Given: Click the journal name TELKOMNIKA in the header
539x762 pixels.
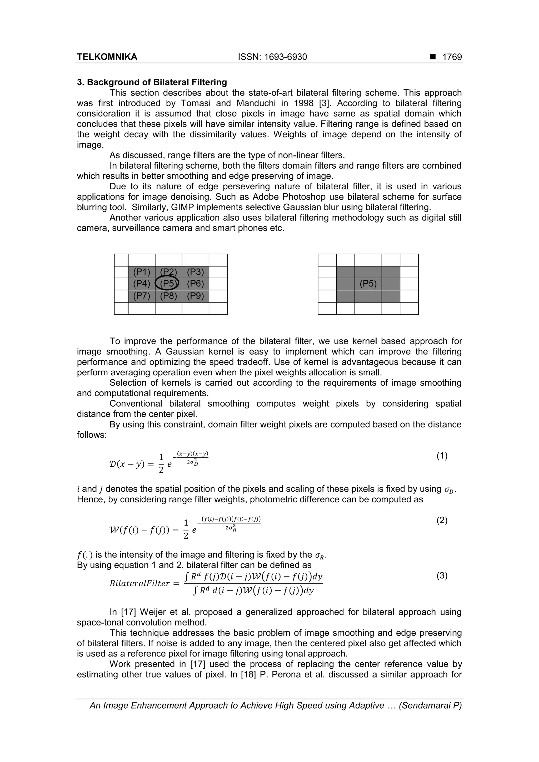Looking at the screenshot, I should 107,57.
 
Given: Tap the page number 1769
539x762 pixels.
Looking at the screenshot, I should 452,57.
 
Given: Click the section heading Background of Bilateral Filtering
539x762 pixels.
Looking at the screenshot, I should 157,82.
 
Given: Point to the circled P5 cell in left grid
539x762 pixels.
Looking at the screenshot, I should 168,284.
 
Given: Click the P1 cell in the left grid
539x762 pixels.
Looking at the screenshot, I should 142,272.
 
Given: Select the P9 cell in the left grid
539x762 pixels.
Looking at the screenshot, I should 195,296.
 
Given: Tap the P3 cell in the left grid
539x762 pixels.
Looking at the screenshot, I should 195,272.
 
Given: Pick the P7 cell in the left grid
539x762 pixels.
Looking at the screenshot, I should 142,296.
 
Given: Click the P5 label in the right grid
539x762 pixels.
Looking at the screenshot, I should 368,284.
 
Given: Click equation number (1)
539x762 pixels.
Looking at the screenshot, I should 442,456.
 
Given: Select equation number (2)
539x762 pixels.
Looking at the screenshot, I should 442,520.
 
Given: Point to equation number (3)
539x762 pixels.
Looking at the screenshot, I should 442,576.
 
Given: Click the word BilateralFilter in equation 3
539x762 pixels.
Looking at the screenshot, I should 140,583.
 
